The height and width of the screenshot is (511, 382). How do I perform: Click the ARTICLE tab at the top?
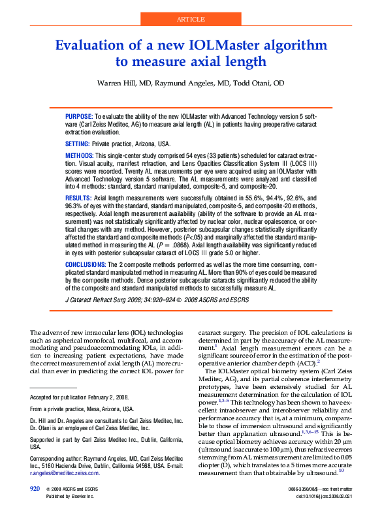(x=191, y=19)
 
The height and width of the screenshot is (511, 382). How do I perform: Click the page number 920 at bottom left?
(x=35, y=488)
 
